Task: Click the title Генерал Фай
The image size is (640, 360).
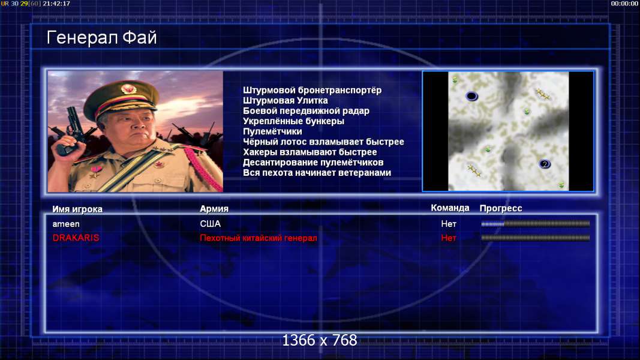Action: (x=101, y=38)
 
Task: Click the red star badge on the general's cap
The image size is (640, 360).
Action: (x=128, y=89)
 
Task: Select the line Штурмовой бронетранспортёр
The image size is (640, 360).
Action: (x=313, y=91)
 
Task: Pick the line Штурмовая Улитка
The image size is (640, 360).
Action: (x=286, y=100)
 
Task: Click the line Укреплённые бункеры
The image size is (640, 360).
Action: (x=293, y=121)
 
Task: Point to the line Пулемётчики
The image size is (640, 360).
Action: (x=272, y=131)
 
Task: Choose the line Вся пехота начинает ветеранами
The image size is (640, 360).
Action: (x=317, y=173)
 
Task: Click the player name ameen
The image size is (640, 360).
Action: (x=66, y=224)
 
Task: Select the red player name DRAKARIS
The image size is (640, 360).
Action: (x=76, y=238)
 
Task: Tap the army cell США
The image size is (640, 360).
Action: (x=210, y=224)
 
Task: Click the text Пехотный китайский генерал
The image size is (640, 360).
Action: (x=259, y=238)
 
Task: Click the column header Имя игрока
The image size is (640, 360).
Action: (x=77, y=209)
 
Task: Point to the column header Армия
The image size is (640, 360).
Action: (x=214, y=209)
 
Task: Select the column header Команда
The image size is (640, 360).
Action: (x=450, y=208)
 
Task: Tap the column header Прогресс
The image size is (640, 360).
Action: (x=501, y=208)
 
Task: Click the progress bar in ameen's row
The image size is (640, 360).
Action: (x=536, y=224)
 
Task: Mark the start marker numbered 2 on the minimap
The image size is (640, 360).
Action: (x=545, y=164)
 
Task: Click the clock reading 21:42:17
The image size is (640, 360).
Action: (x=56, y=4)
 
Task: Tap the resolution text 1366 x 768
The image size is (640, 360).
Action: (x=320, y=340)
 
